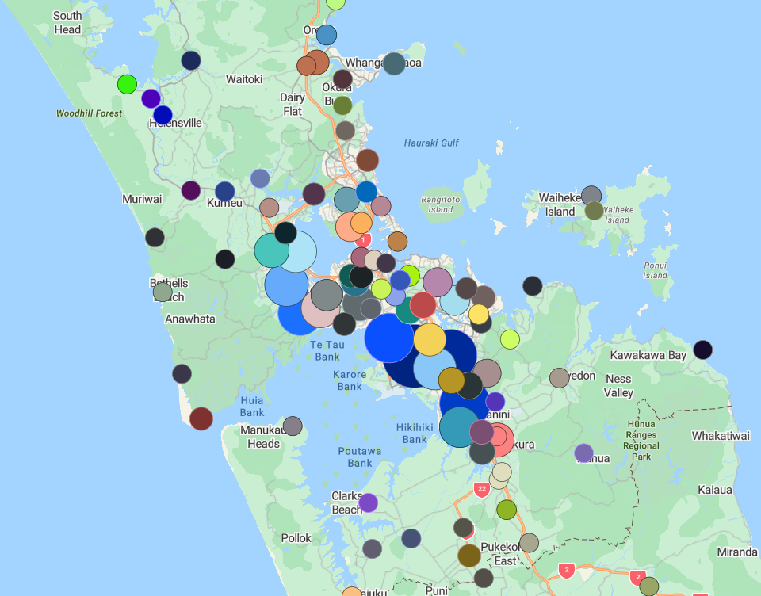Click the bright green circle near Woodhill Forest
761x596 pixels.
[127, 84]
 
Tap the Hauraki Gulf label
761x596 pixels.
[431, 143]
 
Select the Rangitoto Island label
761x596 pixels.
[441, 204]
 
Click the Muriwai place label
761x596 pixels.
[143, 199]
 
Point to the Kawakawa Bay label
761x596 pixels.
[648, 355]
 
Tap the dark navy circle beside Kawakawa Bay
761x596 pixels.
[702, 350]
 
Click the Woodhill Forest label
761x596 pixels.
[89, 113]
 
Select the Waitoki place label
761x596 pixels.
[243, 79]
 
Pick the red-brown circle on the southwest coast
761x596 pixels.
[201, 418]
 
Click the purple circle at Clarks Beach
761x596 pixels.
[368, 502]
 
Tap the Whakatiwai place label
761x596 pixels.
[720, 436]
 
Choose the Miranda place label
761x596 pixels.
[736, 552]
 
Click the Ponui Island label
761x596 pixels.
[655, 269]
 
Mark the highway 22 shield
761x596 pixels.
[481, 489]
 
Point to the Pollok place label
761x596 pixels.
[296, 538]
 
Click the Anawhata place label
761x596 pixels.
[189, 319]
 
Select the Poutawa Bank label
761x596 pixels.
[359, 457]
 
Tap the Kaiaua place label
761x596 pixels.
[715, 490]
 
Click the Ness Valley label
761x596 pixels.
[618, 386]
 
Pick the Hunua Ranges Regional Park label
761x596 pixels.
[641, 440]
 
